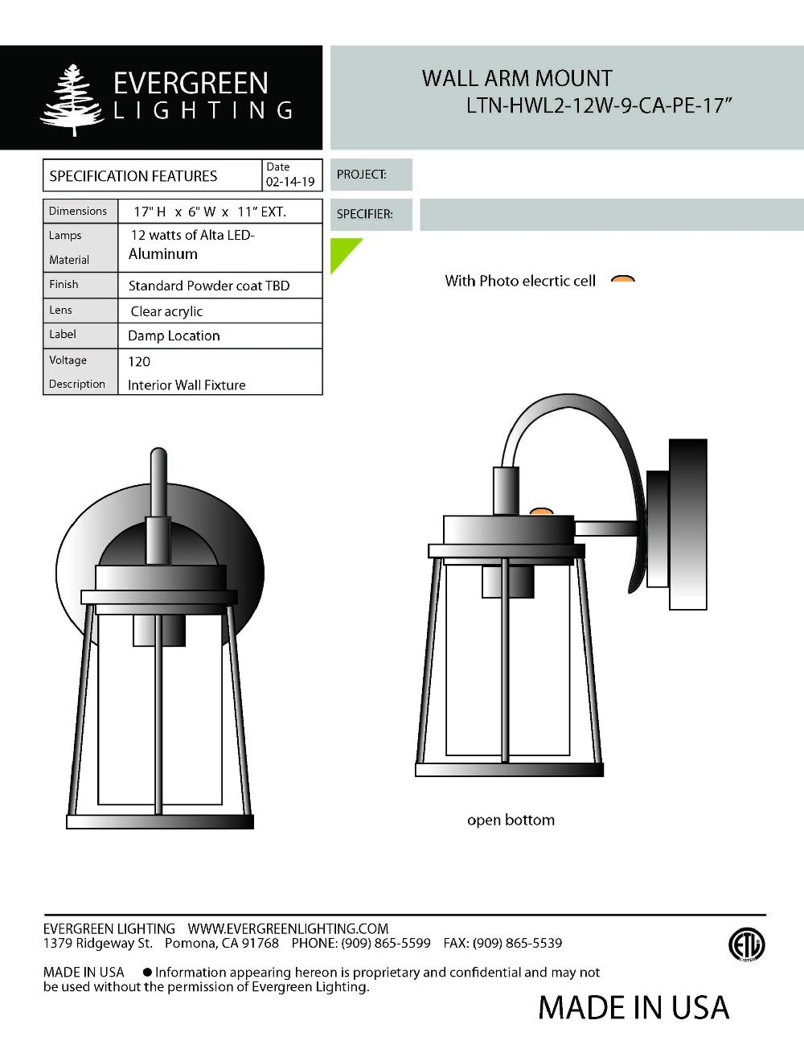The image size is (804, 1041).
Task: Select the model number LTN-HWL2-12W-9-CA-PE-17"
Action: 599,106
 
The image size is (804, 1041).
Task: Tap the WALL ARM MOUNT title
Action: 517,79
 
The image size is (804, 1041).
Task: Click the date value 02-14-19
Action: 290,182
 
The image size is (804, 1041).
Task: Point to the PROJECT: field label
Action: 362,175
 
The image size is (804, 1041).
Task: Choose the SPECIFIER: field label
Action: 365,215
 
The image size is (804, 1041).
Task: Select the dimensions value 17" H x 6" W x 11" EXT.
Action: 210,212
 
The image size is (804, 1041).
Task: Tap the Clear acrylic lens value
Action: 166,311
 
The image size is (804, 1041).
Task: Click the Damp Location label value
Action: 174,335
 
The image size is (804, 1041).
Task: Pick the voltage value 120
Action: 139,361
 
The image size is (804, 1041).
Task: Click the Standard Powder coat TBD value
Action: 209,286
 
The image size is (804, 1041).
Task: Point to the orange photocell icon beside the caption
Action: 623,280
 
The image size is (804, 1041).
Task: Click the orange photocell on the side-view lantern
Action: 542,511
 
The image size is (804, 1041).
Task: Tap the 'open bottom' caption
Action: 511,821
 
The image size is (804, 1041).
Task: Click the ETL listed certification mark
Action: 747,944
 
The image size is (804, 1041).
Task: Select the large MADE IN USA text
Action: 633,1007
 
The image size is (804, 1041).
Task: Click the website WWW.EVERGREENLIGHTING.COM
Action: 288,928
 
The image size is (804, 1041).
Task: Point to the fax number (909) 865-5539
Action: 517,943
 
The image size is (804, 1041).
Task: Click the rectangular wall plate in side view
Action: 687,523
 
